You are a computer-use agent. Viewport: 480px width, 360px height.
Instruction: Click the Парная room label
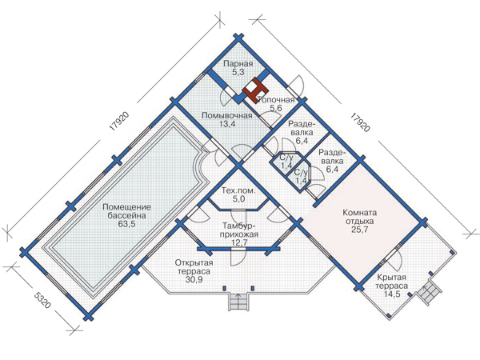[238, 64]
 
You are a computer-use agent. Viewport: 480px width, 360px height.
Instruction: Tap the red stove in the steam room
[255, 90]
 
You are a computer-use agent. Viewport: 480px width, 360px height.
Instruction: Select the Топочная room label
[277, 100]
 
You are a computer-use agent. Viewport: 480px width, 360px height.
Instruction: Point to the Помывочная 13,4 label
[227, 120]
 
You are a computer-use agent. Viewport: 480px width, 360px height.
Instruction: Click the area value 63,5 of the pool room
[126, 224]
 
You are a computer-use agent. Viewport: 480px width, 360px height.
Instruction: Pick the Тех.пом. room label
[238, 190]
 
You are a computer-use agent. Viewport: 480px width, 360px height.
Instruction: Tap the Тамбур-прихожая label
[240, 230]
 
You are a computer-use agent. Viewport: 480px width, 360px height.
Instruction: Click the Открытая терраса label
[194, 267]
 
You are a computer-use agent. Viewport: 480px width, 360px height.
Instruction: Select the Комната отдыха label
[360, 217]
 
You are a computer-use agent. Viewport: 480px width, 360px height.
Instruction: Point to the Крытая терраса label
[391, 282]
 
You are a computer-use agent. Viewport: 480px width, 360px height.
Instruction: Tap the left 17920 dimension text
[119, 122]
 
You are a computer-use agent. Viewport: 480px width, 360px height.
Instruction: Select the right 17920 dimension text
[360, 122]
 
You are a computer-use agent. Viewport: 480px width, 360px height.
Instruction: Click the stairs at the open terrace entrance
[238, 302]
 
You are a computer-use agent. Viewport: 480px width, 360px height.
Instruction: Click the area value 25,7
[360, 230]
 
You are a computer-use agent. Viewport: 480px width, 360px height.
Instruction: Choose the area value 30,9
[194, 279]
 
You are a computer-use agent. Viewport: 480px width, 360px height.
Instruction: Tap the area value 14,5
[391, 294]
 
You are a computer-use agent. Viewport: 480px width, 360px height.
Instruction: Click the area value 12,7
[240, 242]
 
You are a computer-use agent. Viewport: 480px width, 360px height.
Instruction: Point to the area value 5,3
[238, 72]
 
